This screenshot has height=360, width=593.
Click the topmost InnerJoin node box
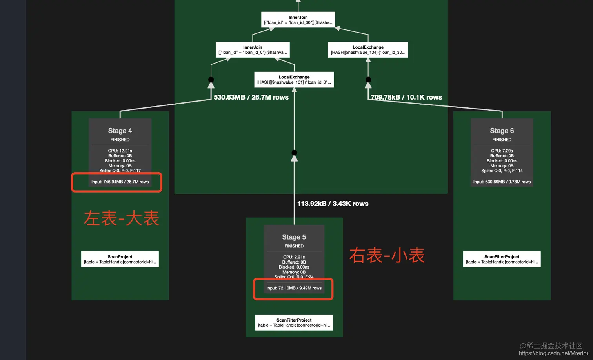coord(298,20)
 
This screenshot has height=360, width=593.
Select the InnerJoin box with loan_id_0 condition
coord(253,50)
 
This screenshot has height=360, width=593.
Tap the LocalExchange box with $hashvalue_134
coord(368,50)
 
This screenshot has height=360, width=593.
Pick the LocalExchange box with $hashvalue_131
coord(294,80)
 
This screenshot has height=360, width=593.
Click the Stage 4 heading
coord(120,131)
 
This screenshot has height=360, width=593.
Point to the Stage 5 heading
coord(294,237)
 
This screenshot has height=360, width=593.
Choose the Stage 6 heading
coord(502,131)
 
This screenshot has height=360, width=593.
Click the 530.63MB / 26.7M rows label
coord(251,97)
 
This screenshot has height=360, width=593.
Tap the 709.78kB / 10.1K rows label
coord(406,97)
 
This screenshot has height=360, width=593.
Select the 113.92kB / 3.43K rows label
coord(333,204)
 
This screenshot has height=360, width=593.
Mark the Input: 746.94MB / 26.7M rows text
coord(120,182)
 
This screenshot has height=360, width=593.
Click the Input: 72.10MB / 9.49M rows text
coord(294,288)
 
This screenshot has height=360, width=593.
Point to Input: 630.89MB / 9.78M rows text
coord(502,182)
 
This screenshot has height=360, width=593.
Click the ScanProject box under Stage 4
coord(120,259)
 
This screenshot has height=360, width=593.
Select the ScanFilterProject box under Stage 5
coord(294,322)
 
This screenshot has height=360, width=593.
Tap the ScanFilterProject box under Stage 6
coord(502,259)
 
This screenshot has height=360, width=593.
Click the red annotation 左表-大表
coord(122,218)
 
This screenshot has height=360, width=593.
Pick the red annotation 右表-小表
coord(387,255)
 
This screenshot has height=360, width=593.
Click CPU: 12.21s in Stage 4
coord(120,151)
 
